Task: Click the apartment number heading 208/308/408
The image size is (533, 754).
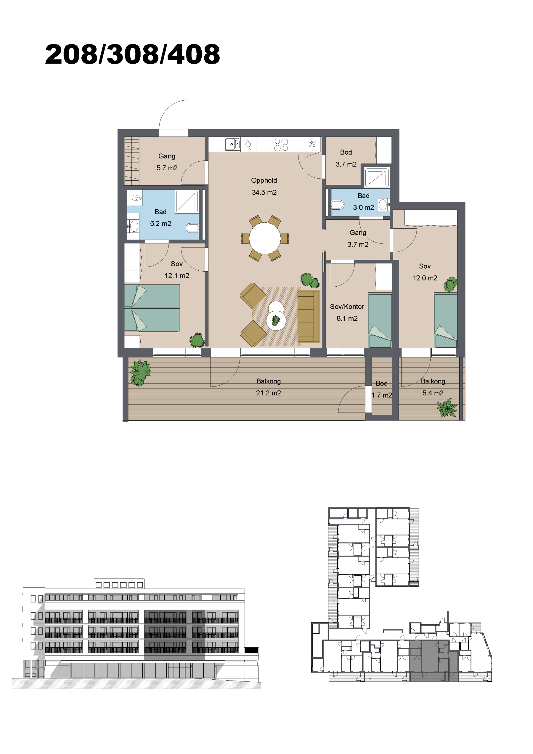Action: (x=132, y=54)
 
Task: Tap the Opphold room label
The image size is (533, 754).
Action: (x=264, y=181)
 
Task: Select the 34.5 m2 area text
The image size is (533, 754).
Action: (x=264, y=192)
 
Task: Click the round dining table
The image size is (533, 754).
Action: (x=265, y=238)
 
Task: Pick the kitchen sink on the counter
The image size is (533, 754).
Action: (x=232, y=144)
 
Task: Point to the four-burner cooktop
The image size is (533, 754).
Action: (x=281, y=145)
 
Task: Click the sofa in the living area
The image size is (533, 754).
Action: (x=309, y=316)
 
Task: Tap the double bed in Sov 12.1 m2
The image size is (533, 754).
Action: (x=152, y=308)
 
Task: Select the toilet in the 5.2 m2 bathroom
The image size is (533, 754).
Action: (x=192, y=227)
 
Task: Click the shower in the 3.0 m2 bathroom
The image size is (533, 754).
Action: (x=377, y=178)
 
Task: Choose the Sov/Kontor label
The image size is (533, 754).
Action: (x=347, y=307)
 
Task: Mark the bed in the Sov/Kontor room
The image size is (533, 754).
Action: (x=380, y=320)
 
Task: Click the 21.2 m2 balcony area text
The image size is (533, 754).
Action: (x=268, y=393)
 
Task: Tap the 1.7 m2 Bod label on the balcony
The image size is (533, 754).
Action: (x=382, y=389)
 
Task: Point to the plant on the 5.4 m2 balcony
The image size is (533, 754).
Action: (x=447, y=408)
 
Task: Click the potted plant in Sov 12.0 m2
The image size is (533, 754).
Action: (x=450, y=284)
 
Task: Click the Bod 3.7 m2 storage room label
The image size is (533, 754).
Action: (x=346, y=158)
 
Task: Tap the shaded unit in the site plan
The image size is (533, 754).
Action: (x=434, y=660)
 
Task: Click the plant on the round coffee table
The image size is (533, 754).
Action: (x=276, y=320)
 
